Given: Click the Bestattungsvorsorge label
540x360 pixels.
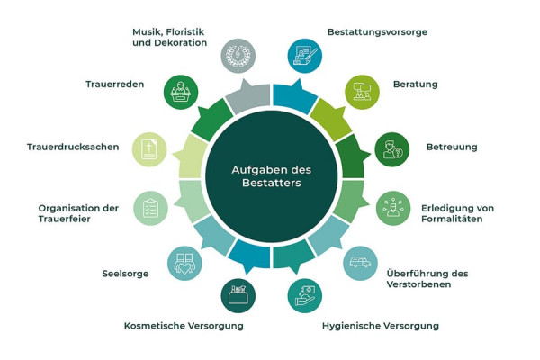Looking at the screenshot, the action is pyautogui.click(x=377, y=32).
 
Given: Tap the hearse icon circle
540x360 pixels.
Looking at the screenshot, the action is pyautogui.click(x=360, y=263).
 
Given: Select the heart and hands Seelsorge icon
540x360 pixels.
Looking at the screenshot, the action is pyautogui.click(x=184, y=263).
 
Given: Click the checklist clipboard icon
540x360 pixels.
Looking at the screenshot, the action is pyautogui.click(x=150, y=208).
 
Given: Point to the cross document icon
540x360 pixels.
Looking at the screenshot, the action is pyautogui.click(x=149, y=149).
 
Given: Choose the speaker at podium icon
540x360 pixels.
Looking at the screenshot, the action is pyautogui.click(x=181, y=93).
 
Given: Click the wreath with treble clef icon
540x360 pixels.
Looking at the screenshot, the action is pyautogui.click(x=238, y=56).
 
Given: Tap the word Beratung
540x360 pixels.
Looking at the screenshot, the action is pyautogui.click(x=415, y=85).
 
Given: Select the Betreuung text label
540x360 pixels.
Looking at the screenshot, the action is pyautogui.click(x=452, y=147).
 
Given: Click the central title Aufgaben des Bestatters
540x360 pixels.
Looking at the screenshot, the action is pyautogui.click(x=272, y=176).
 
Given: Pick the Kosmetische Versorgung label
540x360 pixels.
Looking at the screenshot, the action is pyautogui.click(x=184, y=326).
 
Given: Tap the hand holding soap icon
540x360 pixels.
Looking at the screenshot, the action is pyautogui.click(x=305, y=296).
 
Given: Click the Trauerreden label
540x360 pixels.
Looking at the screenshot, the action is pyautogui.click(x=114, y=85).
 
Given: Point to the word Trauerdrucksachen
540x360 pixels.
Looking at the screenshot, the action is pyautogui.click(x=73, y=147).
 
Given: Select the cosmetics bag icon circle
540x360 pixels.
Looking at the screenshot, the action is pyautogui.click(x=238, y=296).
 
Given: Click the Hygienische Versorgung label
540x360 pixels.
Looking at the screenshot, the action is pyautogui.click(x=381, y=326).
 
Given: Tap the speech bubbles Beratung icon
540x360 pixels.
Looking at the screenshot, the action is pyautogui.click(x=363, y=93).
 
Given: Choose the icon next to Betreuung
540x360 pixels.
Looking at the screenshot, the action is pyautogui.click(x=391, y=149).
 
